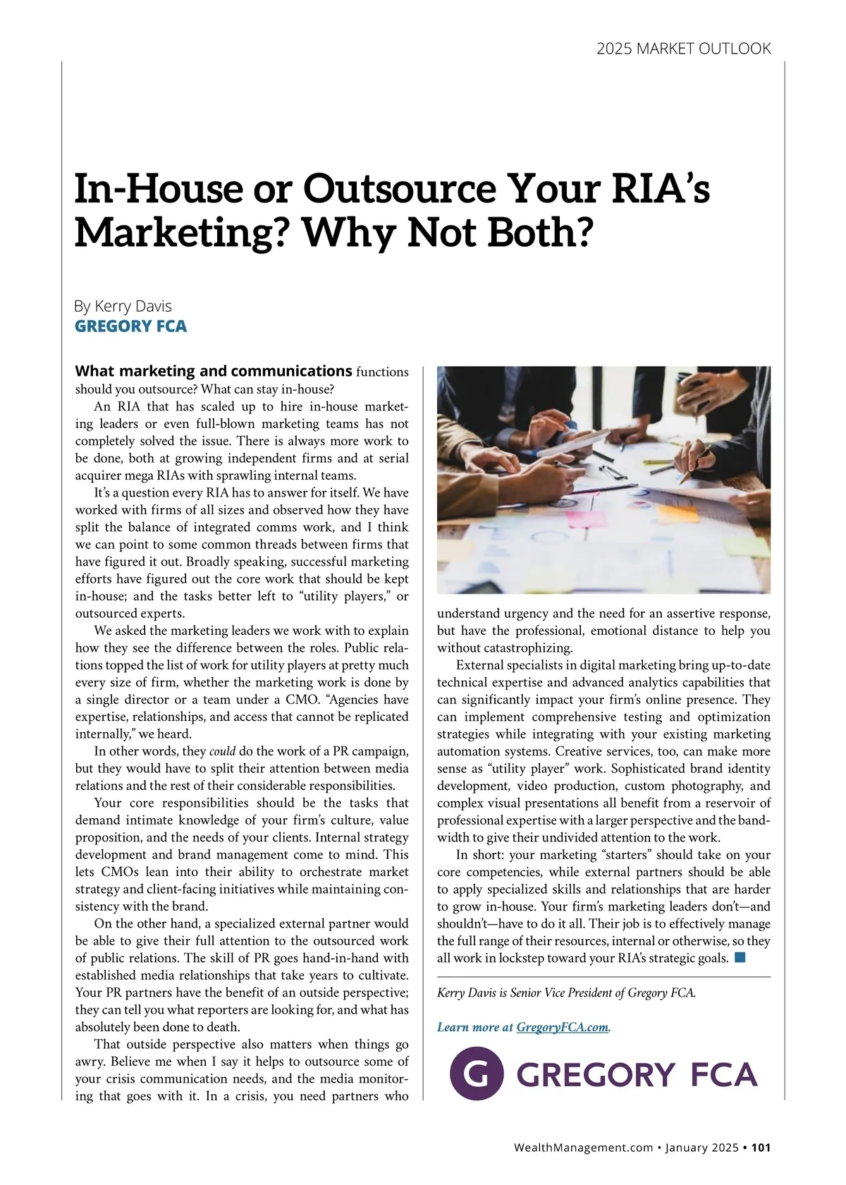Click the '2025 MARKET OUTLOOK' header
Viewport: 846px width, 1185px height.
click(x=683, y=49)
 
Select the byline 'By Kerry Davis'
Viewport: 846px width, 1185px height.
click(x=123, y=306)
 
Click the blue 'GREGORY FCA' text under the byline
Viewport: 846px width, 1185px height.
click(x=130, y=326)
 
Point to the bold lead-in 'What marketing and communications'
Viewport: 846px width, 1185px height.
click(x=213, y=371)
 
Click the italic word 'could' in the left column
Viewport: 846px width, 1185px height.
click(x=222, y=751)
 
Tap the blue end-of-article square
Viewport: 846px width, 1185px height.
click(x=740, y=957)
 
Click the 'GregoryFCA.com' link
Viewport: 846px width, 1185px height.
click(x=562, y=1027)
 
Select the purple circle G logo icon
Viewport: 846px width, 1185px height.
click(x=477, y=1074)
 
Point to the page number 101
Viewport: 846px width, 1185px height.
click(x=761, y=1148)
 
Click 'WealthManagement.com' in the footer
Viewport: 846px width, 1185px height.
click(x=584, y=1148)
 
